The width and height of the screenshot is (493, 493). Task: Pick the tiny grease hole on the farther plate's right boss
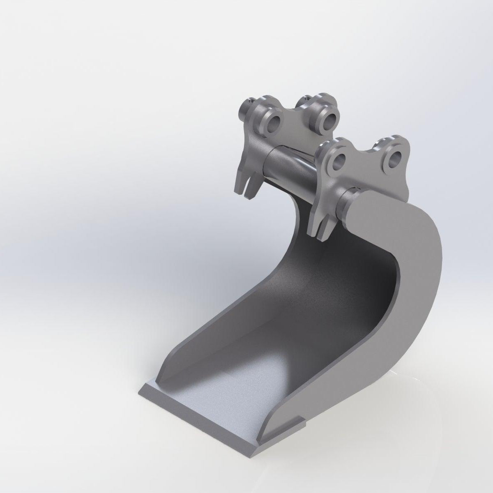click(306, 99)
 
